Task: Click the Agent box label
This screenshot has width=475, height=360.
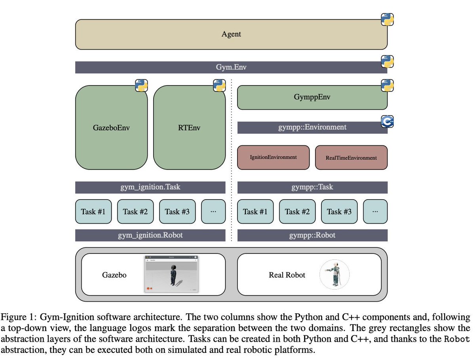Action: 231,34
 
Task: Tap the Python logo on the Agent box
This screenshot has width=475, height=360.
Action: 387,19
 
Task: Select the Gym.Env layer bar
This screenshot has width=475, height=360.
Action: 231,67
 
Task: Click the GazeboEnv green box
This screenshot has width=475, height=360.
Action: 111,127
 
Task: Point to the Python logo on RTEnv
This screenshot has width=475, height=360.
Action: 219,85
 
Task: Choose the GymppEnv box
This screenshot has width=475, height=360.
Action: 312,97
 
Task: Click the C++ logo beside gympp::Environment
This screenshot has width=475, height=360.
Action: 387,122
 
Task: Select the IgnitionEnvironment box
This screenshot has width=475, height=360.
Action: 273,157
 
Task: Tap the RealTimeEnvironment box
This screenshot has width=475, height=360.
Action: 351,157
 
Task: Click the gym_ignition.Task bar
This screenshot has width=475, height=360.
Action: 150,187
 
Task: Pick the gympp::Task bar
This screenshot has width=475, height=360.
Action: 312,187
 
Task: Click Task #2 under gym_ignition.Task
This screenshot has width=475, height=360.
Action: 135,211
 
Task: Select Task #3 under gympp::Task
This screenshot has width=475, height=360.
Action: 339,211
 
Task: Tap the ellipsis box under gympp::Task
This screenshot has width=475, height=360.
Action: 375,211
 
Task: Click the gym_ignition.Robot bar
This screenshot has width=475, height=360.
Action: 150,235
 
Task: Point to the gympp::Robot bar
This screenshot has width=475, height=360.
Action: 312,235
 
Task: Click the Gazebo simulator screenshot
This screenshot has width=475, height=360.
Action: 171,274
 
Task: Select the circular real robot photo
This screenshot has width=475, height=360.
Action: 334,274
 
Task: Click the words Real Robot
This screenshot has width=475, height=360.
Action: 287,275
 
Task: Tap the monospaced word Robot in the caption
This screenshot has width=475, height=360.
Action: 457,339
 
